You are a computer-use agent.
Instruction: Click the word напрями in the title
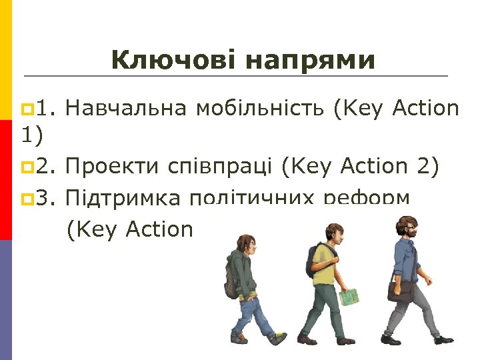310,61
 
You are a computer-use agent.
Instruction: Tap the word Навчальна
127,107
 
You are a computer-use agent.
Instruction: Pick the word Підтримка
123,198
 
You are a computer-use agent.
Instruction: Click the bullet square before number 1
26,108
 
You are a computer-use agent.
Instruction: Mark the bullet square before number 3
26,198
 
